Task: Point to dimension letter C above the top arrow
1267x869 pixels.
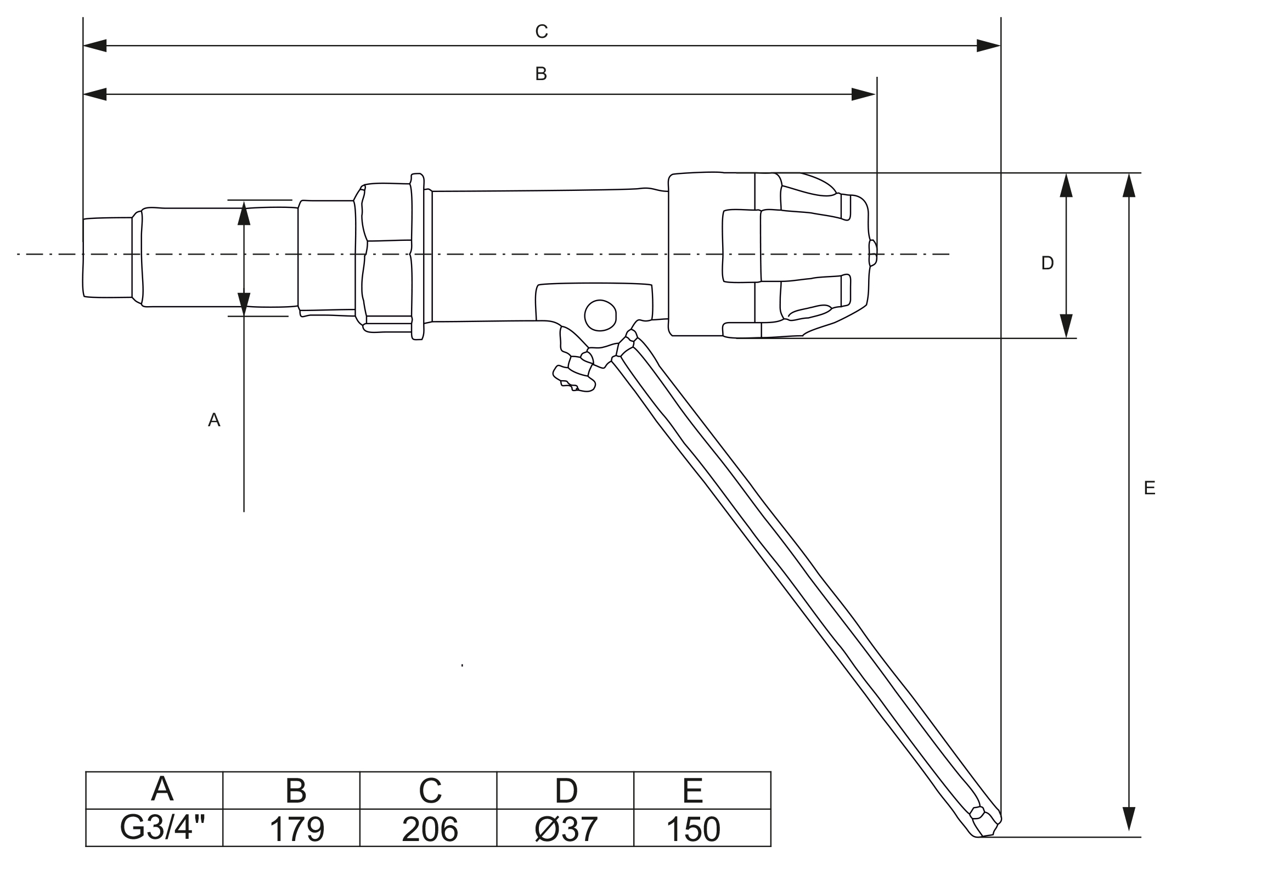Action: click(541, 32)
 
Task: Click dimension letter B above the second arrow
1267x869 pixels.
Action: click(541, 74)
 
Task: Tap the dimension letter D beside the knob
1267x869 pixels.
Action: click(1047, 263)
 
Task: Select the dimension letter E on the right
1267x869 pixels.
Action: click(1150, 488)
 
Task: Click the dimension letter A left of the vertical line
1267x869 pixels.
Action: click(214, 420)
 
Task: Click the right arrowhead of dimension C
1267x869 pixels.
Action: click(988, 46)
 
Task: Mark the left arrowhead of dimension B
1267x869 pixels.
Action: click(95, 94)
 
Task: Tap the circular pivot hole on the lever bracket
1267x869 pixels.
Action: click(600, 315)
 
